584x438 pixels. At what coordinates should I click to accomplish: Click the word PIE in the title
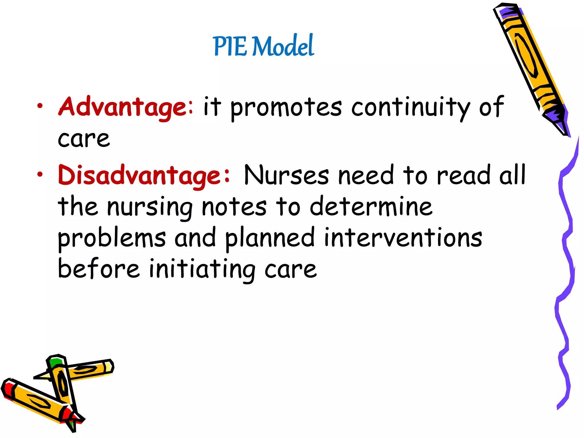click(230, 46)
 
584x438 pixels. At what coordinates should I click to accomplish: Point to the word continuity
click(410, 108)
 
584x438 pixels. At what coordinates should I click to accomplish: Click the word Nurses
click(286, 175)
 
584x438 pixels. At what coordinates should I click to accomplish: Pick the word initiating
click(202, 269)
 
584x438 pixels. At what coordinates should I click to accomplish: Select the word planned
click(270, 238)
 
